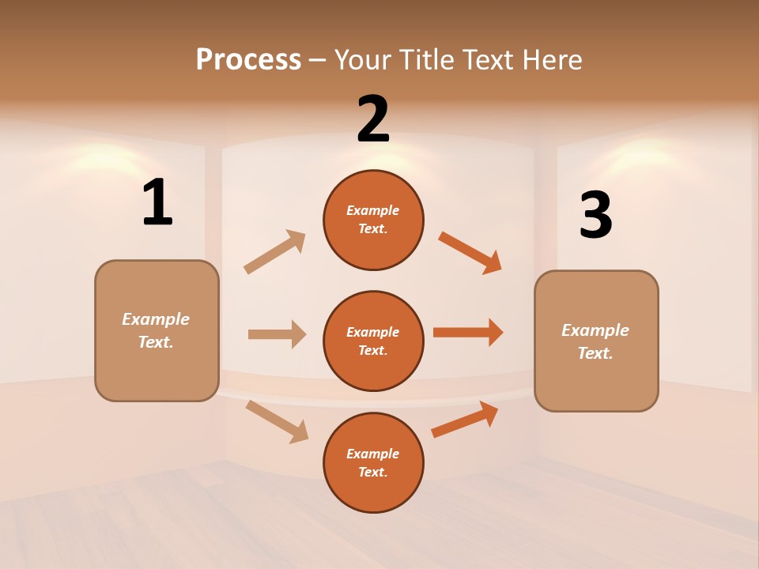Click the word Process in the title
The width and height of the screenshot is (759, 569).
248,59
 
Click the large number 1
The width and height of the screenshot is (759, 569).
157,203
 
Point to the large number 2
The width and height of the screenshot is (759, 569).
373,119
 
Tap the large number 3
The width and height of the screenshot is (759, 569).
595,216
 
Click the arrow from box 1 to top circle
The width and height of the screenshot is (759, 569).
274,252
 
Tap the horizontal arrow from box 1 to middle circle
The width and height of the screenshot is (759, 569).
277,334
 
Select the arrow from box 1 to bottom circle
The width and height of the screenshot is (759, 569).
277,420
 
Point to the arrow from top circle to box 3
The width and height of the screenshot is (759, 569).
470,253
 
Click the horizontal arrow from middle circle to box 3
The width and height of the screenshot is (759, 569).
468,332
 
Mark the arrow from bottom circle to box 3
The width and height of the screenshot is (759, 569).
465,419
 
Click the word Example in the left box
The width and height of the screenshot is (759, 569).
156,319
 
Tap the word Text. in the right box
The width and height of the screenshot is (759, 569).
595,353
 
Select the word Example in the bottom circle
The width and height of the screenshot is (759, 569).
373,454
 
